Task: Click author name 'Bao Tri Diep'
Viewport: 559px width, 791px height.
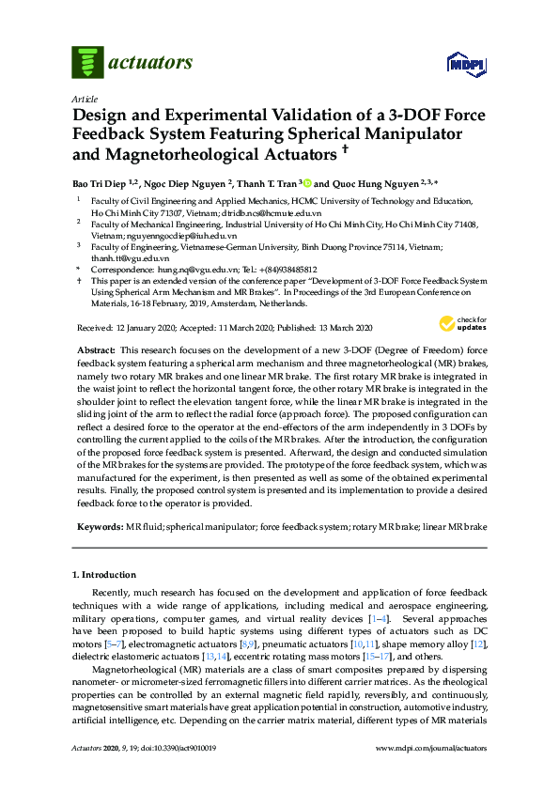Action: click(101, 183)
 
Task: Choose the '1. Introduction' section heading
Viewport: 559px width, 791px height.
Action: click(103, 574)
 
